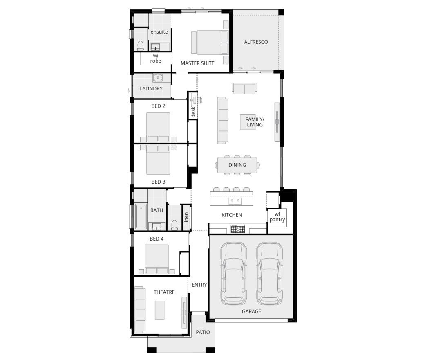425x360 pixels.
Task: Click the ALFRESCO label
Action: pos(256,42)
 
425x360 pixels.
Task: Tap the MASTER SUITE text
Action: pos(197,63)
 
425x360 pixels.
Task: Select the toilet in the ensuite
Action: pos(141,46)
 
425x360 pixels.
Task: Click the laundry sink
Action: pos(157,78)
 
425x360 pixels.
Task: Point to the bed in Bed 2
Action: pos(158,127)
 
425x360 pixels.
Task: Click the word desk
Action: pos(193,112)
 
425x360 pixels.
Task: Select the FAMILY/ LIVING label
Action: pos(255,122)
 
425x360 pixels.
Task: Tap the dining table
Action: pos(237,165)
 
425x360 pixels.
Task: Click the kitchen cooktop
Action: pos(238,229)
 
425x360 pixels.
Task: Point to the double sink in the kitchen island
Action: pos(235,201)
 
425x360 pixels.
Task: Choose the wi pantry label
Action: pos(277,217)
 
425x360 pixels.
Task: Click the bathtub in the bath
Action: pos(141,216)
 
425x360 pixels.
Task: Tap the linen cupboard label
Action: pos(186,218)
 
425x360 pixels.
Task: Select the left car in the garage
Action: pos(233,273)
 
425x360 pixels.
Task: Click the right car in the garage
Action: pos(269,273)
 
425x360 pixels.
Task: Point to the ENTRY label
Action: pos(199,285)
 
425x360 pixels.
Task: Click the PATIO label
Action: pos(203,332)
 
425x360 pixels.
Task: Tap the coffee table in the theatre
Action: pos(160,310)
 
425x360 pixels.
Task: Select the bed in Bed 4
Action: pos(157,259)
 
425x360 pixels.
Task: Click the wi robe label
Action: pos(156,59)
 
